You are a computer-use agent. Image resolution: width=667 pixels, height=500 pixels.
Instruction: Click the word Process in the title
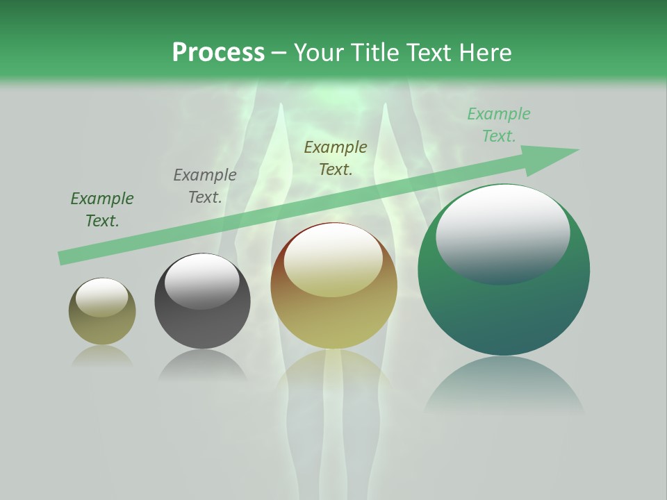tap(218, 53)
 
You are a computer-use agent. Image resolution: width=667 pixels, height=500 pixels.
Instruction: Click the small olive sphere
tap(102, 326)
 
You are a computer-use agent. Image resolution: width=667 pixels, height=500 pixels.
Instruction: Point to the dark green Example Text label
tap(102, 210)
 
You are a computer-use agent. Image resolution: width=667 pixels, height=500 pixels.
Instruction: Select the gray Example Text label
tap(205, 186)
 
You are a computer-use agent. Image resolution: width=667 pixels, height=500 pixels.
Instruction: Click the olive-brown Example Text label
tap(336, 158)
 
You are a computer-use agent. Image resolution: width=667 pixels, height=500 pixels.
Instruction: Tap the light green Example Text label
tap(499, 125)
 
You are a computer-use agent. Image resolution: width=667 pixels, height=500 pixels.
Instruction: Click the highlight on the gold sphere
tap(333, 260)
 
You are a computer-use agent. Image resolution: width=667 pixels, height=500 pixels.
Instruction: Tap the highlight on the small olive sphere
tap(101, 297)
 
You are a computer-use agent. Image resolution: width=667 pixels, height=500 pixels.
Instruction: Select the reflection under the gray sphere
tap(202, 365)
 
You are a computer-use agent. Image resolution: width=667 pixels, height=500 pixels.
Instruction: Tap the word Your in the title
tap(320, 53)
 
